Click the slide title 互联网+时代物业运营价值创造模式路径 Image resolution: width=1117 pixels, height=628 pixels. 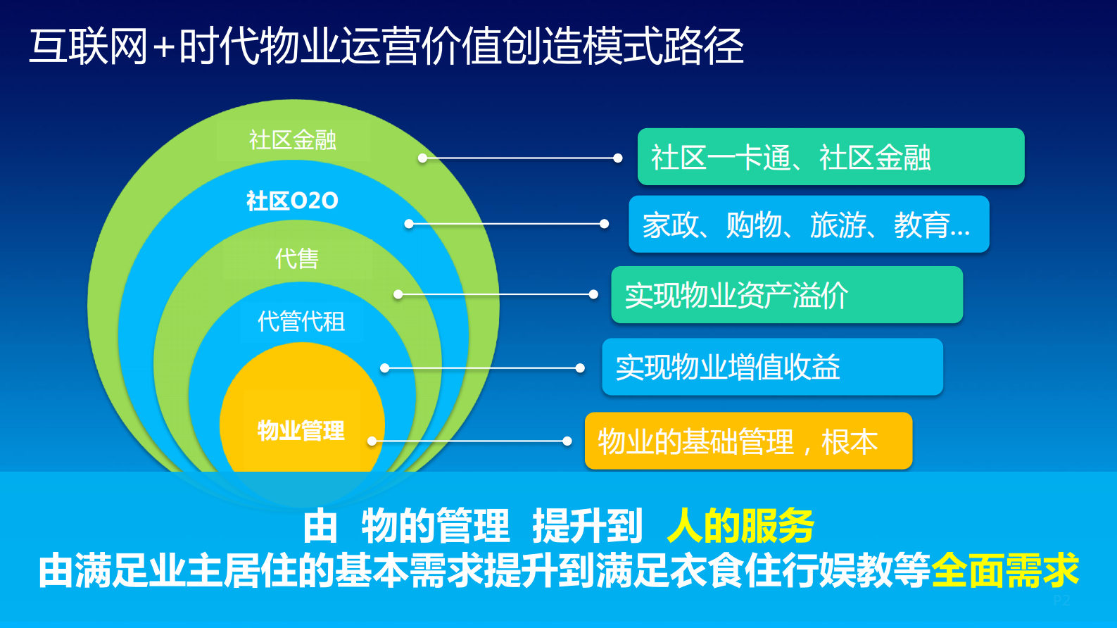click(x=386, y=46)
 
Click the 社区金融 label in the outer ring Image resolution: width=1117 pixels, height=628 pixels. click(x=293, y=140)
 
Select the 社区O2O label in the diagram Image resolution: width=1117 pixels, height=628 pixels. click(x=292, y=201)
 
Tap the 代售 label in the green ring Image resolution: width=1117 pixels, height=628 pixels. click(x=297, y=258)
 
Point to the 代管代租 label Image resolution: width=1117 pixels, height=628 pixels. click(x=301, y=322)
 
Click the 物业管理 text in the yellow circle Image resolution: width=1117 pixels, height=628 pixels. click(x=301, y=430)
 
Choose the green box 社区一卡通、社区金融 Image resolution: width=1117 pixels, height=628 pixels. click(x=831, y=157)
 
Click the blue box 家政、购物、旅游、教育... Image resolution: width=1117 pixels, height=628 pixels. click(x=809, y=225)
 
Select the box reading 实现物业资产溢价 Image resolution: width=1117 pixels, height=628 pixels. click(x=786, y=295)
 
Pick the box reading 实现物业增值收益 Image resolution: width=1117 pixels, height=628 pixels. click(x=772, y=367)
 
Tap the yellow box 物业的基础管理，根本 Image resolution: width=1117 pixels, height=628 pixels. click(x=748, y=441)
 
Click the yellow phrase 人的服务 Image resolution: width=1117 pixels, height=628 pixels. click(x=740, y=525)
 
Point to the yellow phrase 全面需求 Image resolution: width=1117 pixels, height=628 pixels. click(x=1005, y=570)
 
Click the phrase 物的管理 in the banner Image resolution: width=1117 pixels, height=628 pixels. click(x=435, y=525)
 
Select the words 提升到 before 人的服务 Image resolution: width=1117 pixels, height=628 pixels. click(x=587, y=525)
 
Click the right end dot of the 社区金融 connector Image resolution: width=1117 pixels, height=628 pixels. click(x=617, y=158)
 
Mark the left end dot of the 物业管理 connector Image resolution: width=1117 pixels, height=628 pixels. click(x=372, y=441)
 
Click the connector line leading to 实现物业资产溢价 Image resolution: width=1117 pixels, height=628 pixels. click(x=496, y=294)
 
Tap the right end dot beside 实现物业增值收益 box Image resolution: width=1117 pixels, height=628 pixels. click(x=580, y=368)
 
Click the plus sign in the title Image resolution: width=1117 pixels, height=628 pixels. click(x=163, y=48)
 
